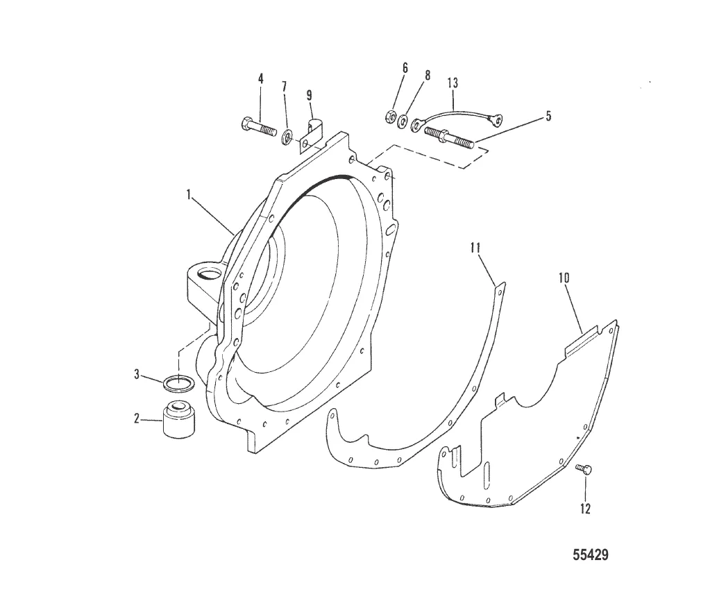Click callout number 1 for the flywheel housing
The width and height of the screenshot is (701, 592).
click(188, 196)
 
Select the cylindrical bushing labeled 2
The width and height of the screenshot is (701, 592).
click(178, 418)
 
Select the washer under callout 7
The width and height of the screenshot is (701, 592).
click(287, 134)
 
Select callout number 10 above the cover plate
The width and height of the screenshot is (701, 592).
click(564, 278)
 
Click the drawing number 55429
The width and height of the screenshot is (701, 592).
click(591, 555)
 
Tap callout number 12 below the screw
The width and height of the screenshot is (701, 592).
click(585, 509)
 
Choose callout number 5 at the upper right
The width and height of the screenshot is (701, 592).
click(548, 117)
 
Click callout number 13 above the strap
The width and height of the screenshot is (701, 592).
click(453, 83)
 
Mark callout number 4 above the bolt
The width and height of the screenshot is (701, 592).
click(261, 79)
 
